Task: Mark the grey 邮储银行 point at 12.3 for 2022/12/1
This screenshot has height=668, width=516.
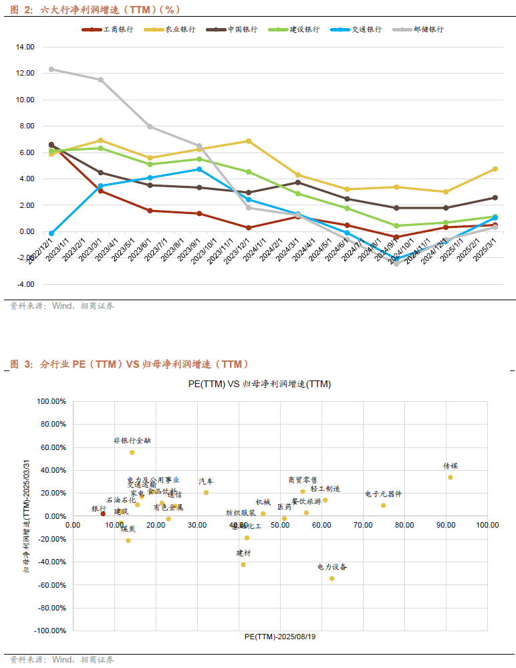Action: (x=51, y=69)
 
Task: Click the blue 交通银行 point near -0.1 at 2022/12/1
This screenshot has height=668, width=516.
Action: (x=51, y=233)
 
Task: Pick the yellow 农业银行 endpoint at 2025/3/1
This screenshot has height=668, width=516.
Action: (x=495, y=169)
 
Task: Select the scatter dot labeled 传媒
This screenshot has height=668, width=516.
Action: (x=450, y=477)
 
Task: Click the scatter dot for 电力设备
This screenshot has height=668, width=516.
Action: (x=332, y=578)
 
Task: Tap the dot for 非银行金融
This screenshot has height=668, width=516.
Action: (x=132, y=452)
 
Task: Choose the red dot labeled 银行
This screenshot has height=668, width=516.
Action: (x=103, y=514)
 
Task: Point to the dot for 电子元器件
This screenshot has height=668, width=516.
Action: (x=383, y=505)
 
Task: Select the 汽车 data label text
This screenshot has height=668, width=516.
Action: (x=206, y=481)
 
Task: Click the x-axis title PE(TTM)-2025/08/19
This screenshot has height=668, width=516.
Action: (x=280, y=637)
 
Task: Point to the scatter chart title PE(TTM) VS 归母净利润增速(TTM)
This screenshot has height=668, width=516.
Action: (x=259, y=384)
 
